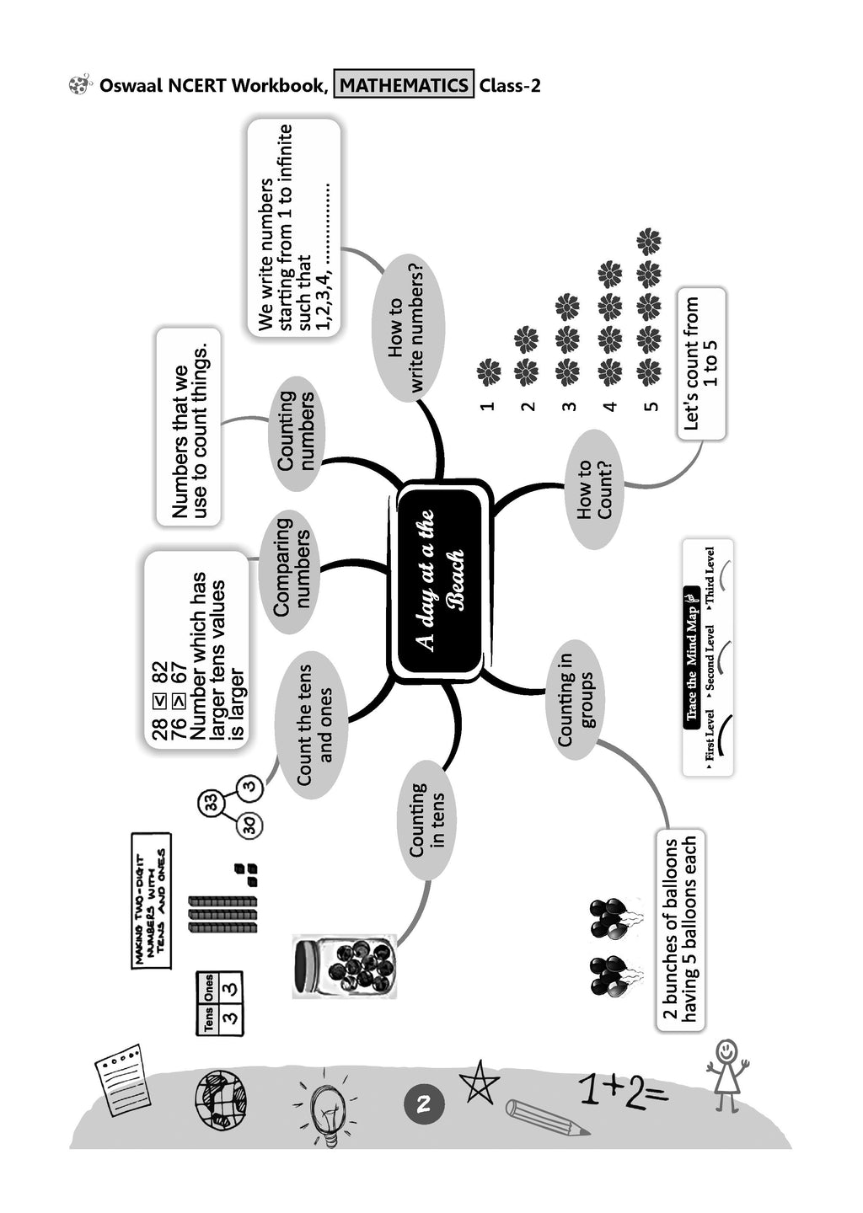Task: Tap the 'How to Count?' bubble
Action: pyautogui.click(x=595, y=489)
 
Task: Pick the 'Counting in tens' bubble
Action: pyautogui.click(x=426, y=820)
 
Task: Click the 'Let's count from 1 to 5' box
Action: pyautogui.click(x=701, y=363)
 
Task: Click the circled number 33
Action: pyautogui.click(x=211, y=803)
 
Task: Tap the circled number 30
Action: pyautogui.click(x=250, y=826)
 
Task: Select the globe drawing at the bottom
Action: pyautogui.click(x=221, y=1099)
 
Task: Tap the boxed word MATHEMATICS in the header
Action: pyautogui.click(x=404, y=85)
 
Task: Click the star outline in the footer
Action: pyautogui.click(x=479, y=1082)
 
